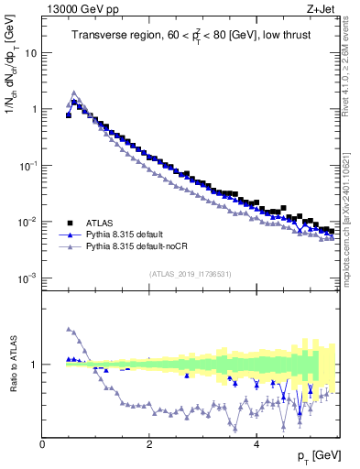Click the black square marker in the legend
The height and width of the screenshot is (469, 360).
[70, 223]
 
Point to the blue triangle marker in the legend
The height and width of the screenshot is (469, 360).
[70, 234]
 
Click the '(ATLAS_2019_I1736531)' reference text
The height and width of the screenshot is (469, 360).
[191, 274]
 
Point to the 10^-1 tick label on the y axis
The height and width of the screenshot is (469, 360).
[28, 165]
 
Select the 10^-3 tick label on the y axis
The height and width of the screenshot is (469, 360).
[28, 278]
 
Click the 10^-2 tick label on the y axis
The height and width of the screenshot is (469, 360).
[28, 221]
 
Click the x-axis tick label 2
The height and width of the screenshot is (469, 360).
[149, 444]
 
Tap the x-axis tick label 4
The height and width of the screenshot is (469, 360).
[256, 444]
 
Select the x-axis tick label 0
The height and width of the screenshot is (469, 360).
[43, 444]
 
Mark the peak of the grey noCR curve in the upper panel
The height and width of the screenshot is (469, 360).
[73, 93]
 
